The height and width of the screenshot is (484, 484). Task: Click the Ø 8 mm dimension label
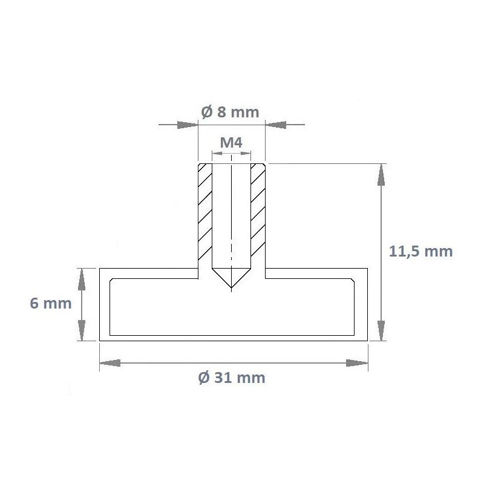pyautogui.click(x=229, y=112)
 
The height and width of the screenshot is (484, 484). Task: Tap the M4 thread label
pyautogui.click(x=231, y=143)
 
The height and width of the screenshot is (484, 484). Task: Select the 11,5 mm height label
pyautogui.click(x=420, y=252)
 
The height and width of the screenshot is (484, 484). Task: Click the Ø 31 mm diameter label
pyautogui.click(x=232, y=378)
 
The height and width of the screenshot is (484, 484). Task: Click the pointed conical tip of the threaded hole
pyautogui.click(x=232, y=288)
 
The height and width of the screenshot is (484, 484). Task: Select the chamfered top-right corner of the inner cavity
pyautogui.click(x=353, y=281)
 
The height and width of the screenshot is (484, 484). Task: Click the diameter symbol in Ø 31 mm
pyautogui.click(x=204, y=378)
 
